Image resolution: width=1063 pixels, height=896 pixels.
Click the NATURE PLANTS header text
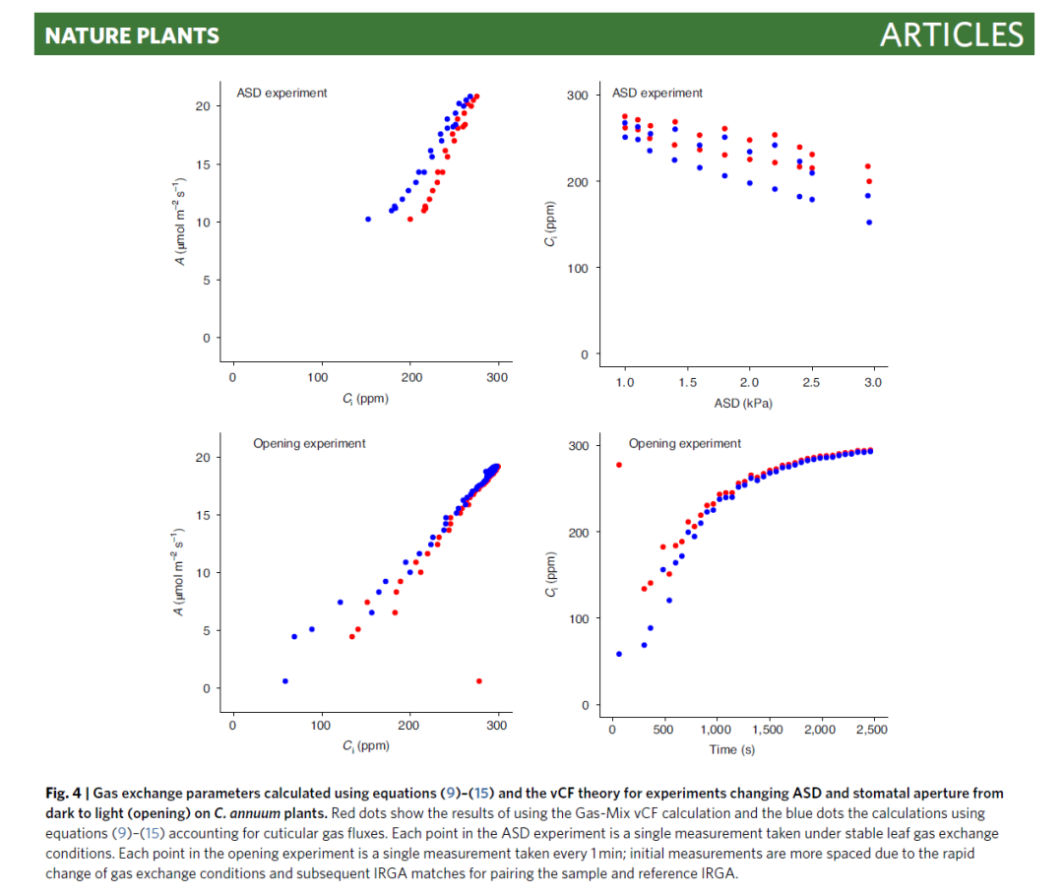[132, 36]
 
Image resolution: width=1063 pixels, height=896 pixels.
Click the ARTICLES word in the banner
[951, 35]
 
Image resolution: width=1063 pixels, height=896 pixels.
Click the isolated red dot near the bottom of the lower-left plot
[479, 680]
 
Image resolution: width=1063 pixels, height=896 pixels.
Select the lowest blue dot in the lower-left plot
[285, 680]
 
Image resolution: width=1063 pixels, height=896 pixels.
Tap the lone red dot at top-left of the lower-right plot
[619, 465]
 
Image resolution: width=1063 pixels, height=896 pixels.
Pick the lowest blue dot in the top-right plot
[869, 223]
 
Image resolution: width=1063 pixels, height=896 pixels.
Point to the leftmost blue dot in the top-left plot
[368, 219]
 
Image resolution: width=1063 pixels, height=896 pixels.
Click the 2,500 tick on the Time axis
[871, 730]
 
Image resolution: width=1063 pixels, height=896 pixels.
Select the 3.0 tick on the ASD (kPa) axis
[873, 382]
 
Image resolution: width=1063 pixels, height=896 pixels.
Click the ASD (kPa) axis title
[749, 403]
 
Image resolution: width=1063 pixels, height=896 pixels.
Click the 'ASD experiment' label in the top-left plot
[281, 93]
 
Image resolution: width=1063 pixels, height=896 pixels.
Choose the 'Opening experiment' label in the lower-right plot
[685, 443]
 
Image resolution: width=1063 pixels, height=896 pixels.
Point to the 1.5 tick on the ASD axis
[687, 382]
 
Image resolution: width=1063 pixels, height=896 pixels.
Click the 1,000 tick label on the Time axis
[716, 730]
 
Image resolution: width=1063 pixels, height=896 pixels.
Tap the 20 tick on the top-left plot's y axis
[202, 105]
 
